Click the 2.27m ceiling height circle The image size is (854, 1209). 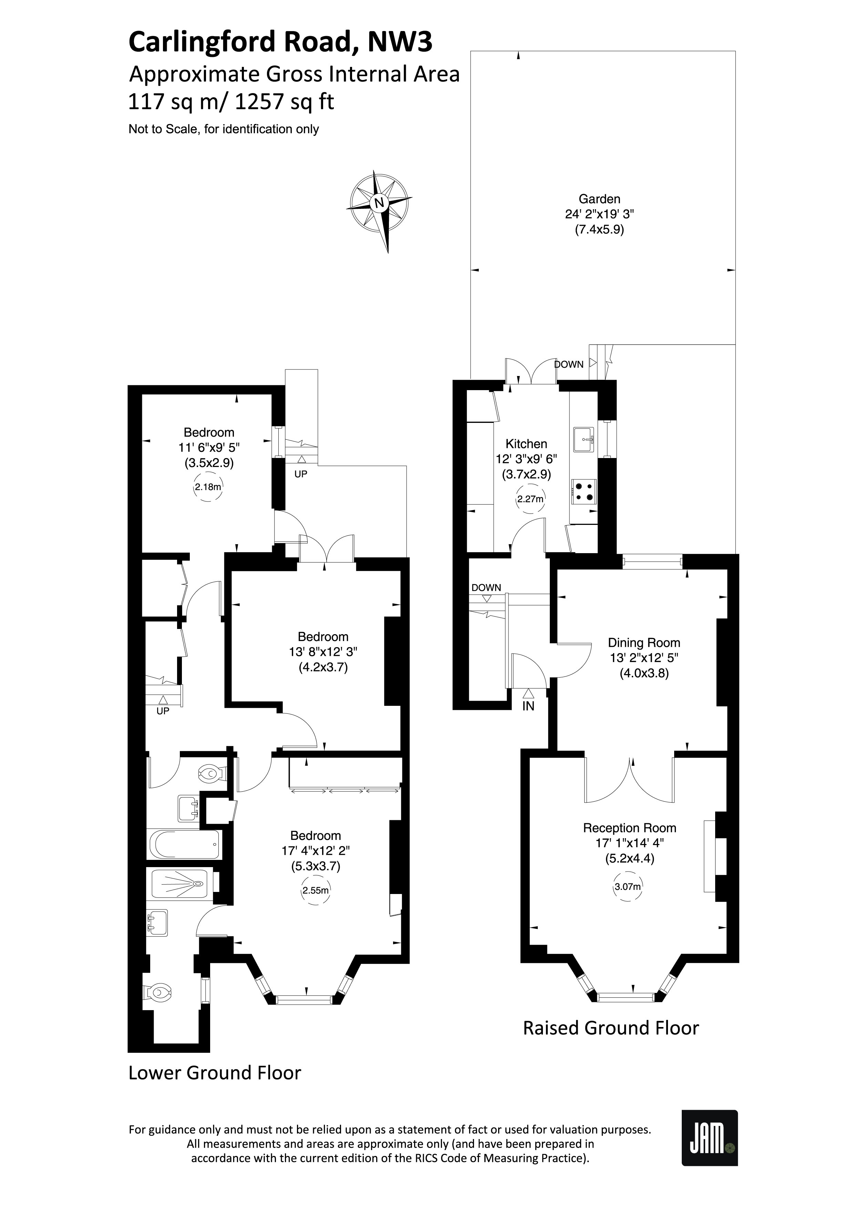coord(530,499)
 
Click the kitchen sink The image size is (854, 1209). coord(584,439)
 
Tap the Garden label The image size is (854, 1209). coord(599,199)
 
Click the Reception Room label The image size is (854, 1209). coord(629,828)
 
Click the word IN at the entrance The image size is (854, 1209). coord(528,707)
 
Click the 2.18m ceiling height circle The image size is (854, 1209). coord(208,487)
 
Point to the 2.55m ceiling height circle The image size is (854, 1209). coord(315,891)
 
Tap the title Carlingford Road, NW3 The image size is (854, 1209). coord(280,42)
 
